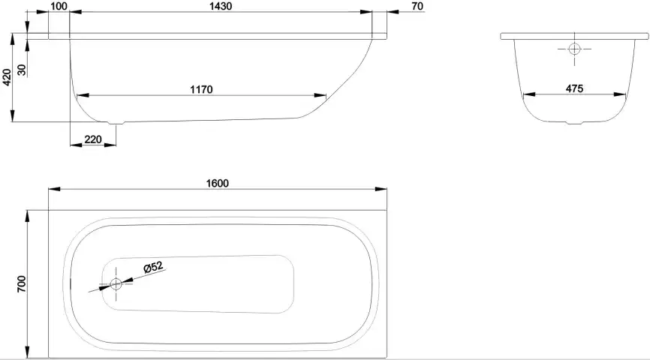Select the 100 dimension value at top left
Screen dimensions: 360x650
[59, 7]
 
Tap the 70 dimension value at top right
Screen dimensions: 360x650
[418, 7]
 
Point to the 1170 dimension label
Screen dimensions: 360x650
[202, 90]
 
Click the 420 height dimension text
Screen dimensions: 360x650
[7, 76]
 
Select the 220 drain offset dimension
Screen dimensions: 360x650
[93, 139]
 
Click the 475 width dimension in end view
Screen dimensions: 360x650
[574, 89]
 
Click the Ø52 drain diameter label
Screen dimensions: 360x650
[152, 265]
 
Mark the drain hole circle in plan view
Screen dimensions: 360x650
[116, 284]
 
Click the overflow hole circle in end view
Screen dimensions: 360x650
[574, 49]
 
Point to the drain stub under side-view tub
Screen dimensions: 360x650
[117, 122]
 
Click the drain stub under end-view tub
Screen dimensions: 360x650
[573, 123]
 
